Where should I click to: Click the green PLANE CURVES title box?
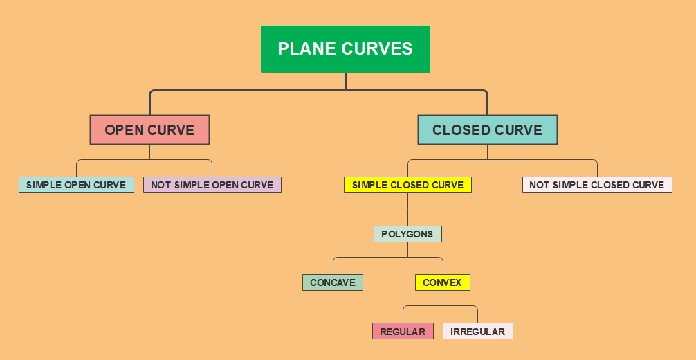(x=345, y=49)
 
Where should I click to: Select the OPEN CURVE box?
(x=149, y=130)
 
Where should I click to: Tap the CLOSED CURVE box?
(x=487, y=130)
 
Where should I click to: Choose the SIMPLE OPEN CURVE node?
(x=76, y=185)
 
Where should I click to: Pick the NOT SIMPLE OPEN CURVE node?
(x=212, y=185)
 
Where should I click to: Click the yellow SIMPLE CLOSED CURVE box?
(x=407, y=185)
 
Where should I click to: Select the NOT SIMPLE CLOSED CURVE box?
(x=596, y=185)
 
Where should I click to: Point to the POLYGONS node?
(x=407, y=234)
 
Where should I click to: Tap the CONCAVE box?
(x=332, y=282)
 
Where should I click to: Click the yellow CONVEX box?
(x=442, y=282)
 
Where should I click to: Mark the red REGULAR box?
(x=403, y=332)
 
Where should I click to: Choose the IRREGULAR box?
(x=477, y=332)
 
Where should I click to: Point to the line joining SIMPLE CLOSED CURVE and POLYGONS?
(x=407, y=209)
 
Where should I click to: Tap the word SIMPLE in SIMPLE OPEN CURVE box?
(x=44, y=185)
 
